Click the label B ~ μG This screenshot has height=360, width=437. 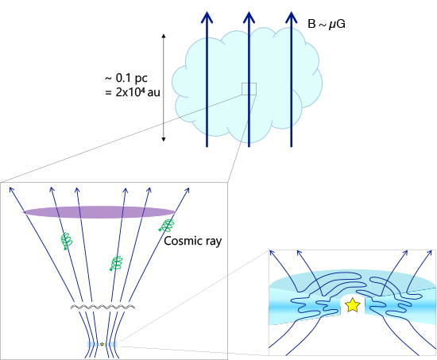click(327, 24)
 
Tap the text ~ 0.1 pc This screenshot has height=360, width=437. click(126, 79)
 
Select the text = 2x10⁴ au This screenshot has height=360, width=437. click(133, 92)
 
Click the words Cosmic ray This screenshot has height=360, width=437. click(193, 241)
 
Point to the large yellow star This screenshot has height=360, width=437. click(353, 305)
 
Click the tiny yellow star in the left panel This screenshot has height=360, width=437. click(102, 344)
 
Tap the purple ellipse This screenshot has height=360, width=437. click(99, 212)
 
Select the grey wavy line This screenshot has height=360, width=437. click(102, 307)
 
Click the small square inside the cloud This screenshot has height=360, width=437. click(249, 89)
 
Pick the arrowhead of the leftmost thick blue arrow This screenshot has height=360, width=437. click(207, 17)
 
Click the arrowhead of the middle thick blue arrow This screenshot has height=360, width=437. click(249, 17)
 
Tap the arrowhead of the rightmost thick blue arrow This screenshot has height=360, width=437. click(292, 17)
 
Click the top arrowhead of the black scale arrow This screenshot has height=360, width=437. click(164, 36)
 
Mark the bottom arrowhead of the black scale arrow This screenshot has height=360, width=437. click(164, 139)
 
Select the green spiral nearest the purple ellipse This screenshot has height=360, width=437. click(167, 226)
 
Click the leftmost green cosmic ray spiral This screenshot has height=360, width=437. click(67, 241)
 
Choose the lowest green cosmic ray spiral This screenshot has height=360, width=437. click(116, 263)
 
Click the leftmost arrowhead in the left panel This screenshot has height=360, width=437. click(11, 189)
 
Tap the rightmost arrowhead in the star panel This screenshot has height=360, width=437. click(430, 254)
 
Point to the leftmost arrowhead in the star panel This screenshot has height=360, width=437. click(273, 254)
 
